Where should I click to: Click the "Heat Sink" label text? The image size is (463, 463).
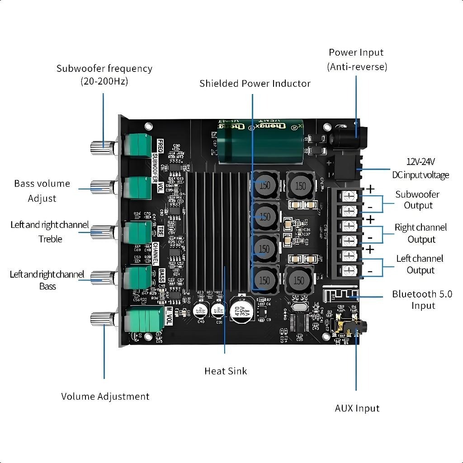click(x=226, y=371)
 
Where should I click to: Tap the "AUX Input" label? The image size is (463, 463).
click(x=357, y=408)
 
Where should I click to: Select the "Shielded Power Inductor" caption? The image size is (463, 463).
click(x=255, y=84)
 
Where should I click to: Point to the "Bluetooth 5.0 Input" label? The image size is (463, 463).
click(x=422, y=300)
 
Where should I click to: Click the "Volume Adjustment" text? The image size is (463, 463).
click(x=105, y=397)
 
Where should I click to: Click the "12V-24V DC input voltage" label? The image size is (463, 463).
click(x=420, y=168)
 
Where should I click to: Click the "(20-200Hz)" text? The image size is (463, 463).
click(x=104, y=82)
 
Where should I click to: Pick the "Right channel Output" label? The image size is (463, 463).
click(x=420, y=233)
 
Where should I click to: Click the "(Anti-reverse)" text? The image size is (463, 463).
click(x=357, y=67)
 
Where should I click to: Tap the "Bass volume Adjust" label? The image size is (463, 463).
click(x=42, y=191)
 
